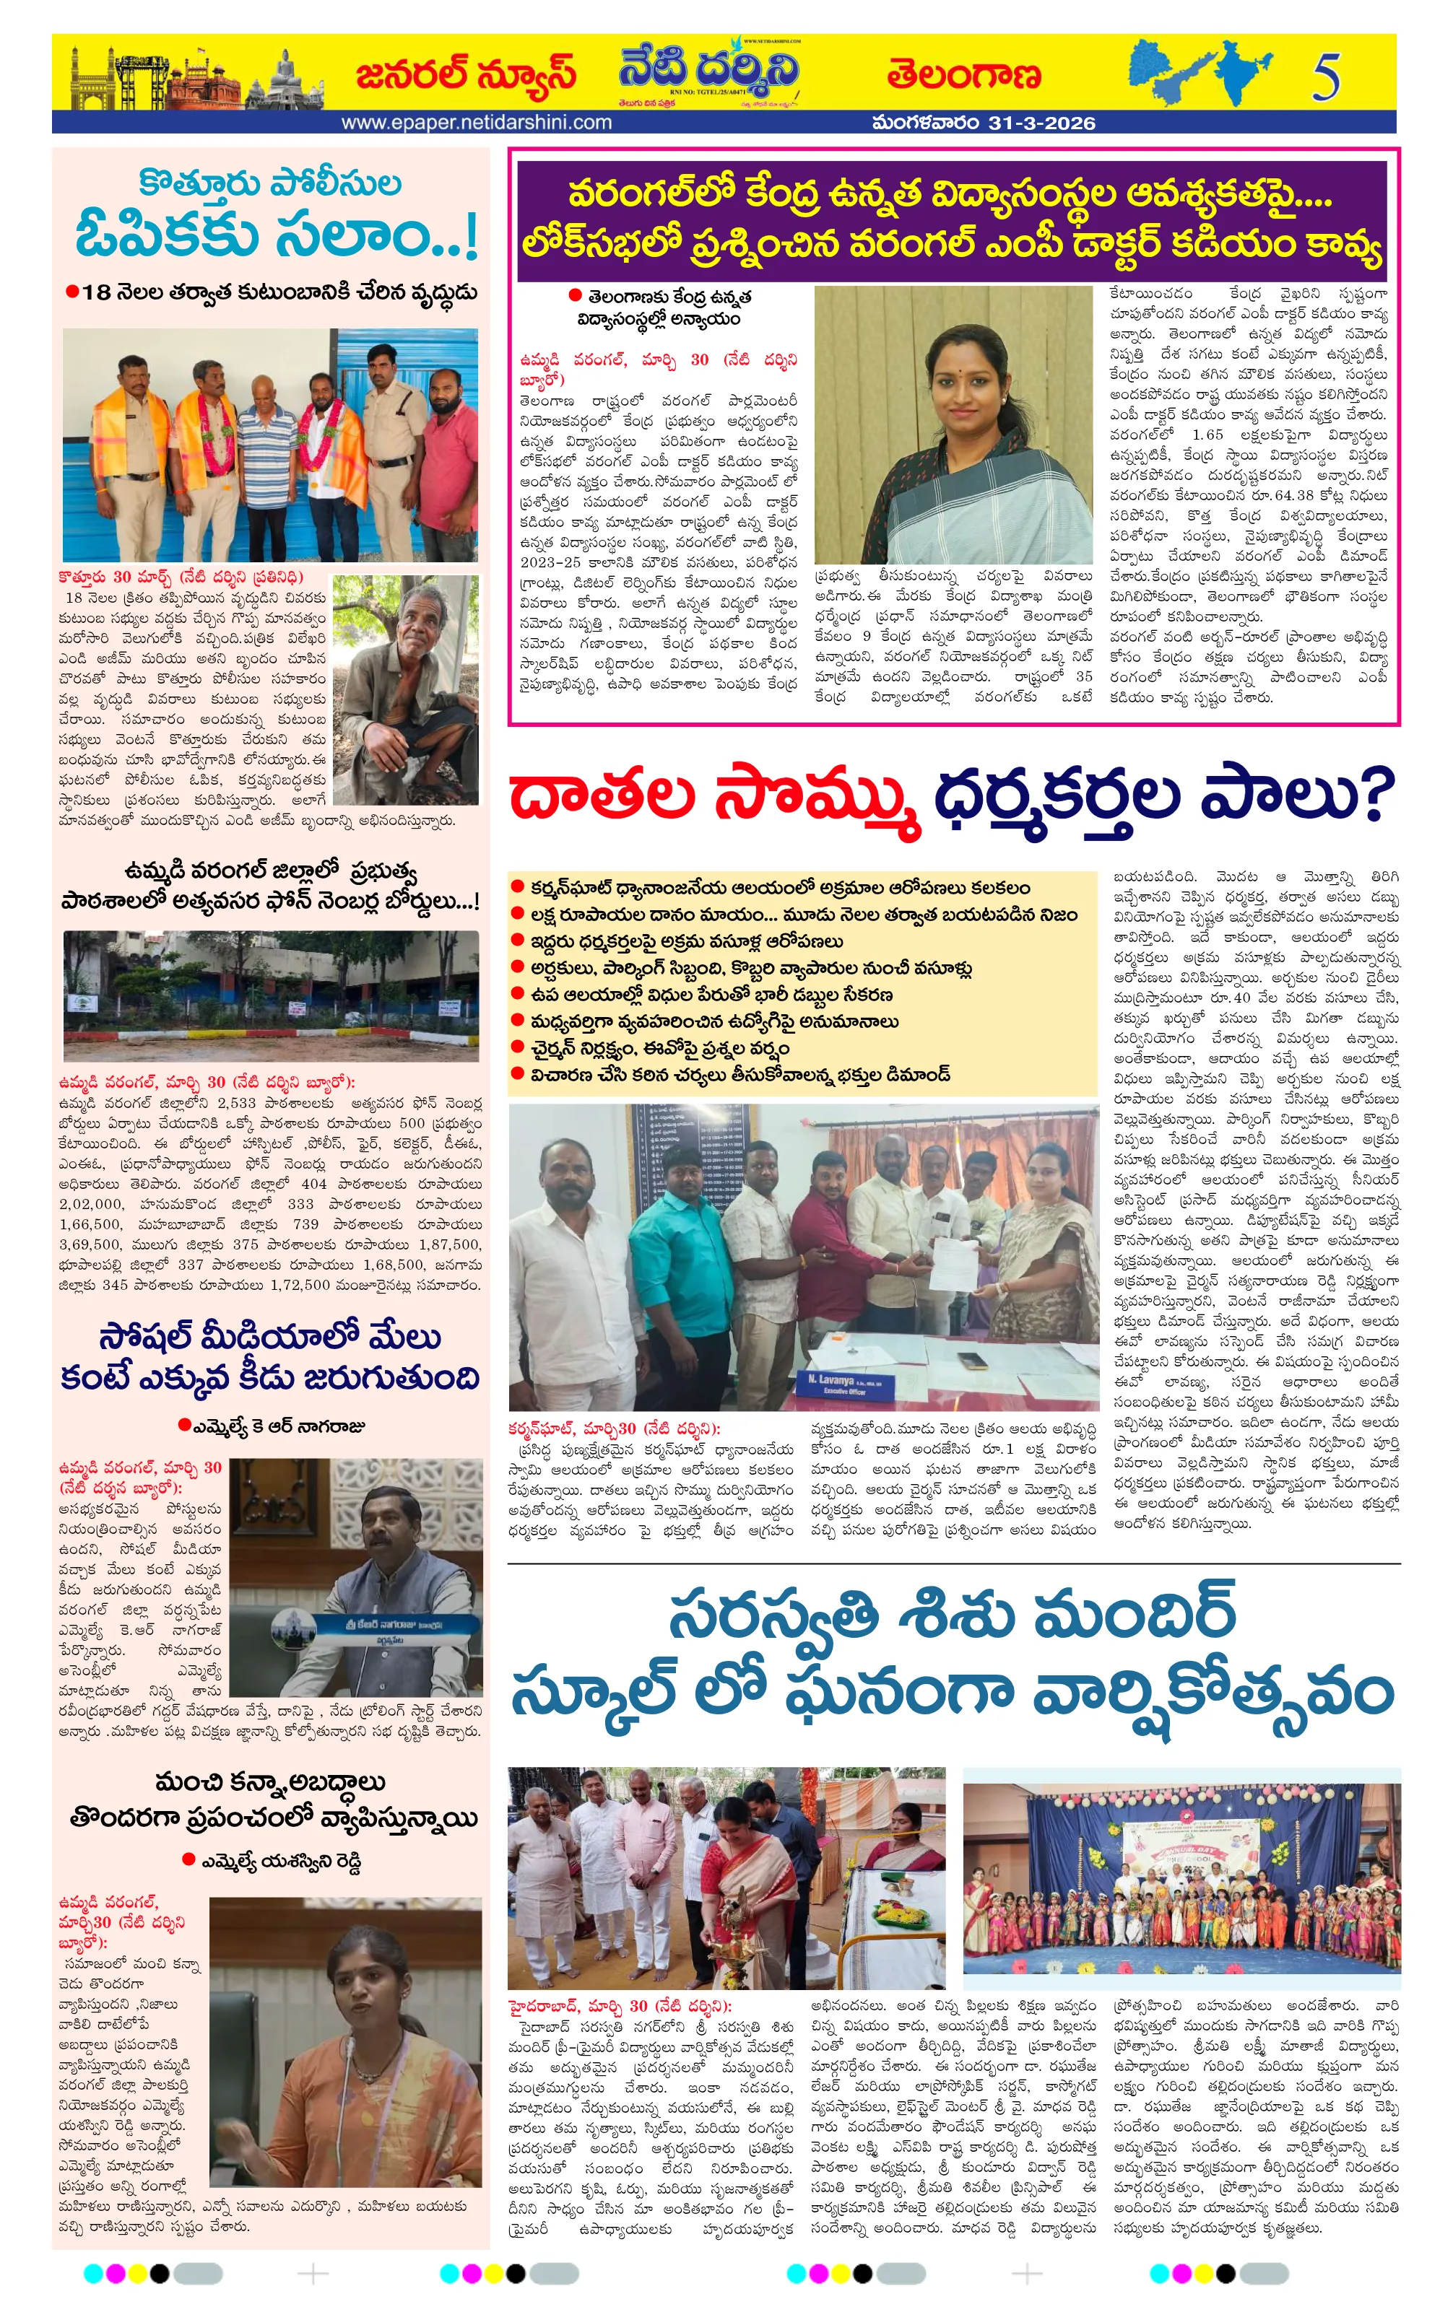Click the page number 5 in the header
[x=1325, y=76]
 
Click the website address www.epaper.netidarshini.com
[x=477, y=123]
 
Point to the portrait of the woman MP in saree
[x=953, y=424]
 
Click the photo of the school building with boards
[x=270, y=995]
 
